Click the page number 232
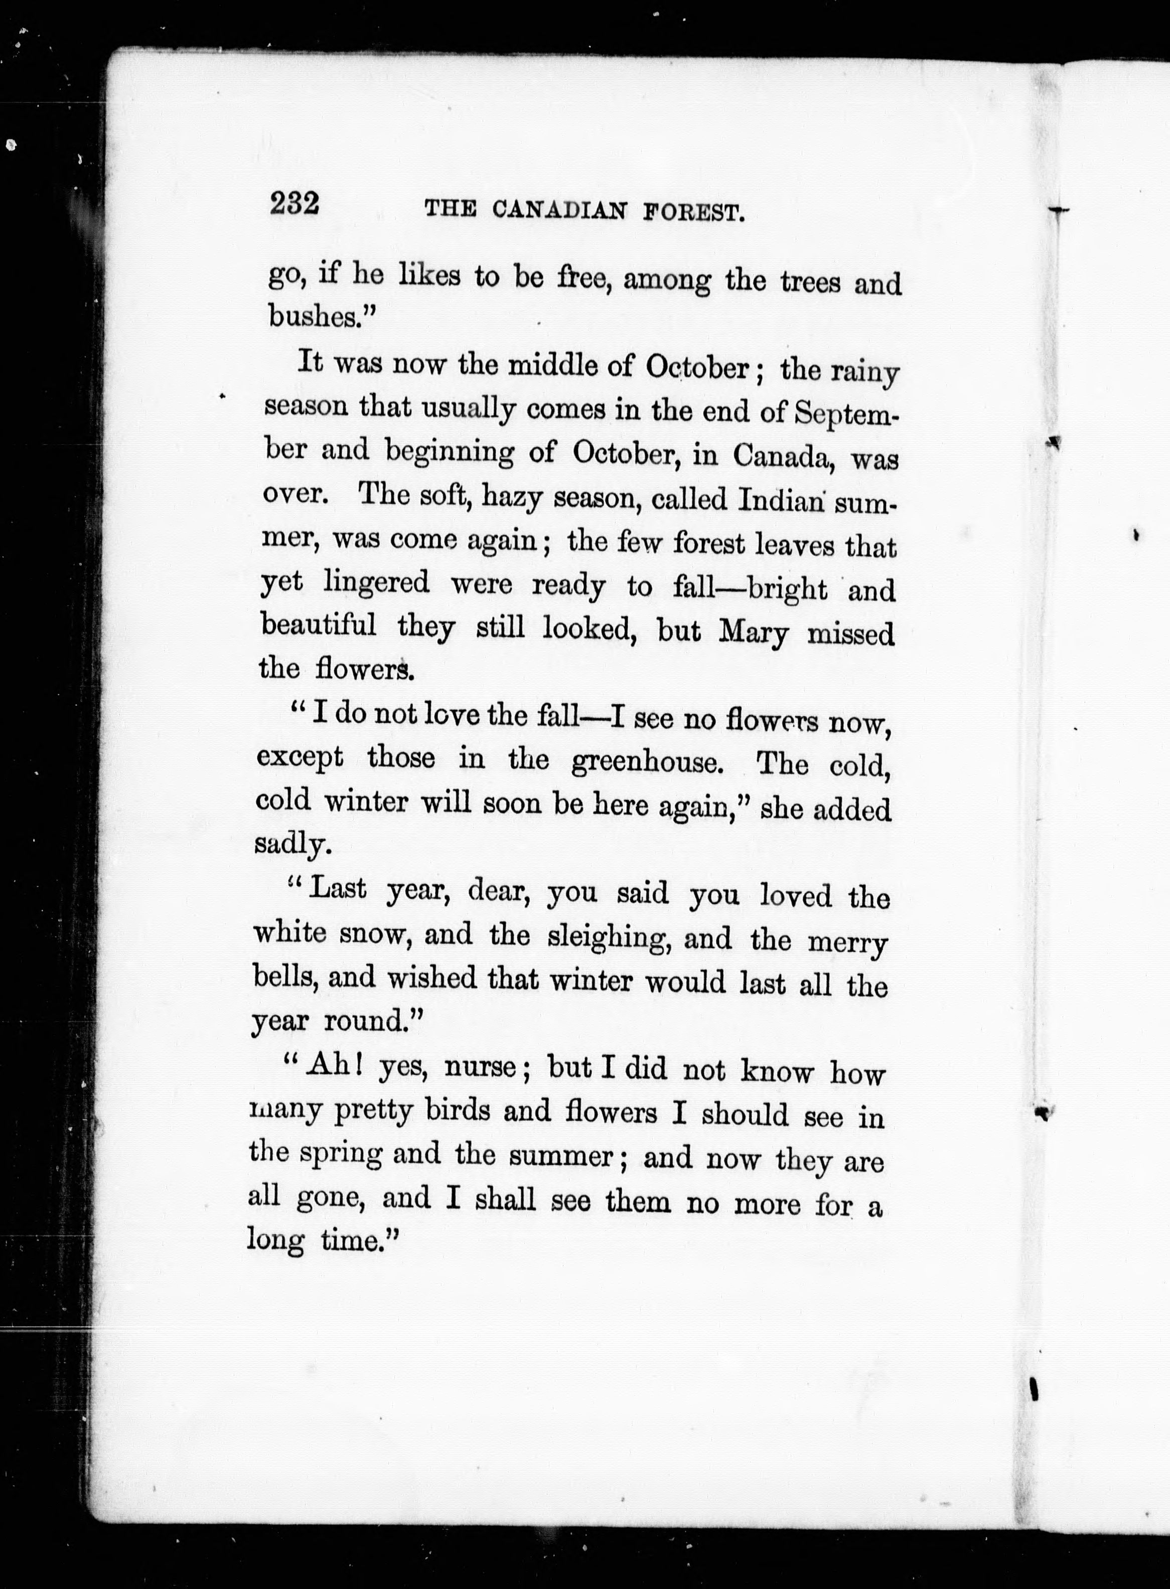(295, 204)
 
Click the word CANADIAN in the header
(559, 210)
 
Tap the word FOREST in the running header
(694, 212)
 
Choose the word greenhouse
(647, 761)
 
